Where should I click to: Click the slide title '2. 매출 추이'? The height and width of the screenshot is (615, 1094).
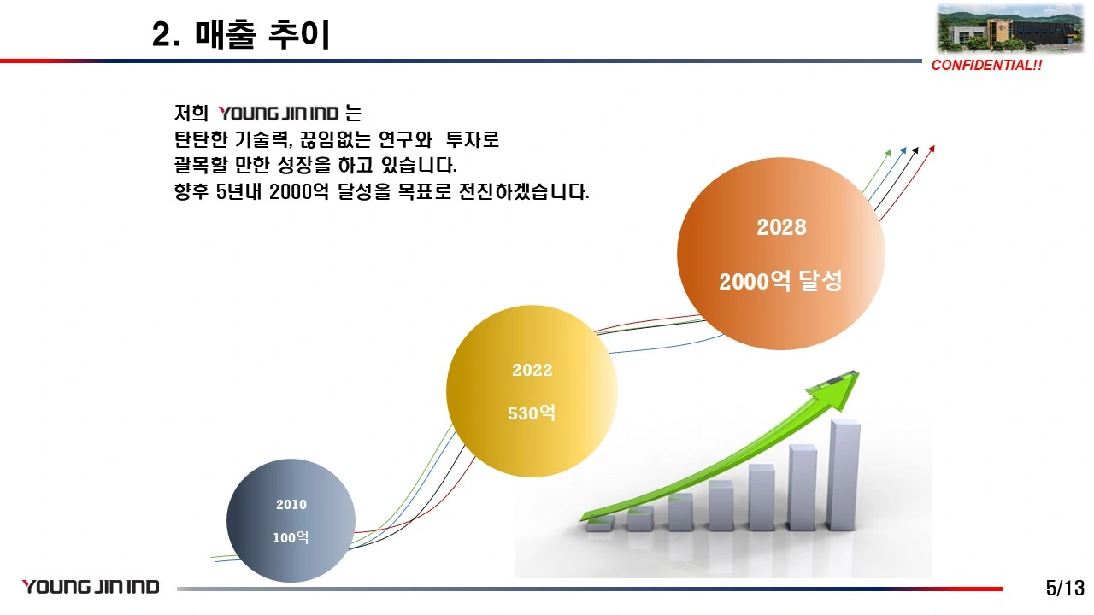[241, 34]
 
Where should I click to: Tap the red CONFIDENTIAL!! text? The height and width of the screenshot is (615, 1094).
[986, 66]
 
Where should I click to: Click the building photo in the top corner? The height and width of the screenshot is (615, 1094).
[1010, 28]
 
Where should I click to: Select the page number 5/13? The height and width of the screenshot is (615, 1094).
[1065, 588]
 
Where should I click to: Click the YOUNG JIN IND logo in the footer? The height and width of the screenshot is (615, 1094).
[91, 587]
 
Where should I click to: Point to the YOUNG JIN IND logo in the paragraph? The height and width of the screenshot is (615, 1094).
[279, 114]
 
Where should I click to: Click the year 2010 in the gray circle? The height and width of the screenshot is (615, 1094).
[291, 505]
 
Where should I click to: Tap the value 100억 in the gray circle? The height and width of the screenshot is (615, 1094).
[291, 537]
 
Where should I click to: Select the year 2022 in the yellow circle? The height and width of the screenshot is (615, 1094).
[532, 370]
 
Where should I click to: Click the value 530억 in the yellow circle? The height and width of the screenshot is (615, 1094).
[532, 413]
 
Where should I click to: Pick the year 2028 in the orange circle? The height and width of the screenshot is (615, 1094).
[781, 227]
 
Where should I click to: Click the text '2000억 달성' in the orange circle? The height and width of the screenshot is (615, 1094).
[780, 281]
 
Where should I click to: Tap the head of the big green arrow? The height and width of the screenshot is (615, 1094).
[835, 389]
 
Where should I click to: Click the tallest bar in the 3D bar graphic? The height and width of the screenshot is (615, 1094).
[844, 474]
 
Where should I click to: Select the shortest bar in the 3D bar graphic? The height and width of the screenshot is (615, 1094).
[600, 524]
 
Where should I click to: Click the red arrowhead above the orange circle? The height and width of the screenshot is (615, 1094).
[932, 149]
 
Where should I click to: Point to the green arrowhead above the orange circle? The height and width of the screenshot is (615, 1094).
[888, 153]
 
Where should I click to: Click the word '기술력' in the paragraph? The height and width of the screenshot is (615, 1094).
[264, 139]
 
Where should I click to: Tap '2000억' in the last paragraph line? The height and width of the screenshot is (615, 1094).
[299, 191]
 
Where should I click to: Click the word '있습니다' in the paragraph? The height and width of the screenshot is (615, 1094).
[419, 166]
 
